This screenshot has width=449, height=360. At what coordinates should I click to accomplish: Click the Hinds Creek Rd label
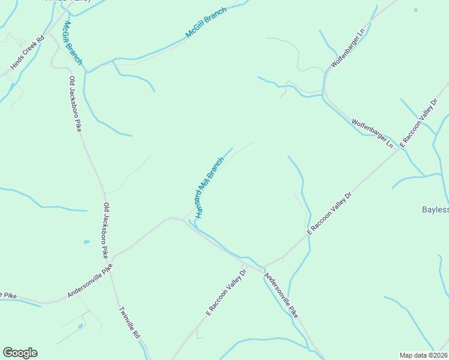click(23, 53)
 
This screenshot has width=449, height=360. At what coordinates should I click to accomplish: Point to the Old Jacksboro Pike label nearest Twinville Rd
click(106, 231)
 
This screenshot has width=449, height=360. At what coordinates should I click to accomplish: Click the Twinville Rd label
click(128, 322)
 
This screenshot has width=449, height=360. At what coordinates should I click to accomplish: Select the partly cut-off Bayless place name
click(436, 209)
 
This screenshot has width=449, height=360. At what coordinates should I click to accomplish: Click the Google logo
click(20, 353)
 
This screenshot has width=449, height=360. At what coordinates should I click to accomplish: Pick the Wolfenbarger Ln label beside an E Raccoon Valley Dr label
click(372, 133)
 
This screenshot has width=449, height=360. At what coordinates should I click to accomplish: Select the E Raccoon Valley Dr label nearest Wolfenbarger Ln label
click(420, 122)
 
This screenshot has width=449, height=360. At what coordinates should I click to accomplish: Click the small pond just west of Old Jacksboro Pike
click(87, 242)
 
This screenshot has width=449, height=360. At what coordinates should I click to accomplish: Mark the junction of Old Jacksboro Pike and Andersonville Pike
click(112, 257)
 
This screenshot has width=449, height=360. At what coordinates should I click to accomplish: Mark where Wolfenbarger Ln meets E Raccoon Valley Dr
click(396, 150)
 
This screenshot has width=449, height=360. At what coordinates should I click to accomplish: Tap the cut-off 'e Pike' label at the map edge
click(8, 295)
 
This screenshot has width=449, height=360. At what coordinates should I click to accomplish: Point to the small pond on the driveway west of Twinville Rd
click(80, 326)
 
